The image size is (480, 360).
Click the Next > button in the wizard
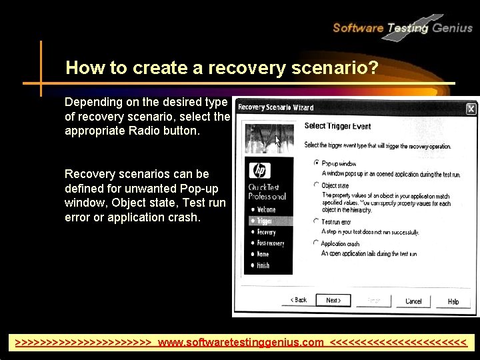(x=333, y=301)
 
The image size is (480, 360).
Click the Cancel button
(x=413, y=301)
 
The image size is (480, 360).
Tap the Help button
(x=453, y=301)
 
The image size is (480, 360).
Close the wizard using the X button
(x=471, y=108)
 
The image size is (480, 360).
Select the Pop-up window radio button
(x=316, y=163)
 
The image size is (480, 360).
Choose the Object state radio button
(x=316, y=185)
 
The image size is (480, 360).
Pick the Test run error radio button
(x=316, y=221)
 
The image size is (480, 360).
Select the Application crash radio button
(x=316, y=243)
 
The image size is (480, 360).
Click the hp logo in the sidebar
(x=259, y=171)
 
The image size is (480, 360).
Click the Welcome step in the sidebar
(x=266, y=210)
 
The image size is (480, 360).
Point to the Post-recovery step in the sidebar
(x=271, y=243)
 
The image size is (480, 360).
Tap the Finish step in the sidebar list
(x=263, y=265)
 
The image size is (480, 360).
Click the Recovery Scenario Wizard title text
(x=275, y=107)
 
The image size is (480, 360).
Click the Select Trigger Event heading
(x=337, y=126)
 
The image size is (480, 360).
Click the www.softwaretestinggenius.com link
(x=240, y=343)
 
